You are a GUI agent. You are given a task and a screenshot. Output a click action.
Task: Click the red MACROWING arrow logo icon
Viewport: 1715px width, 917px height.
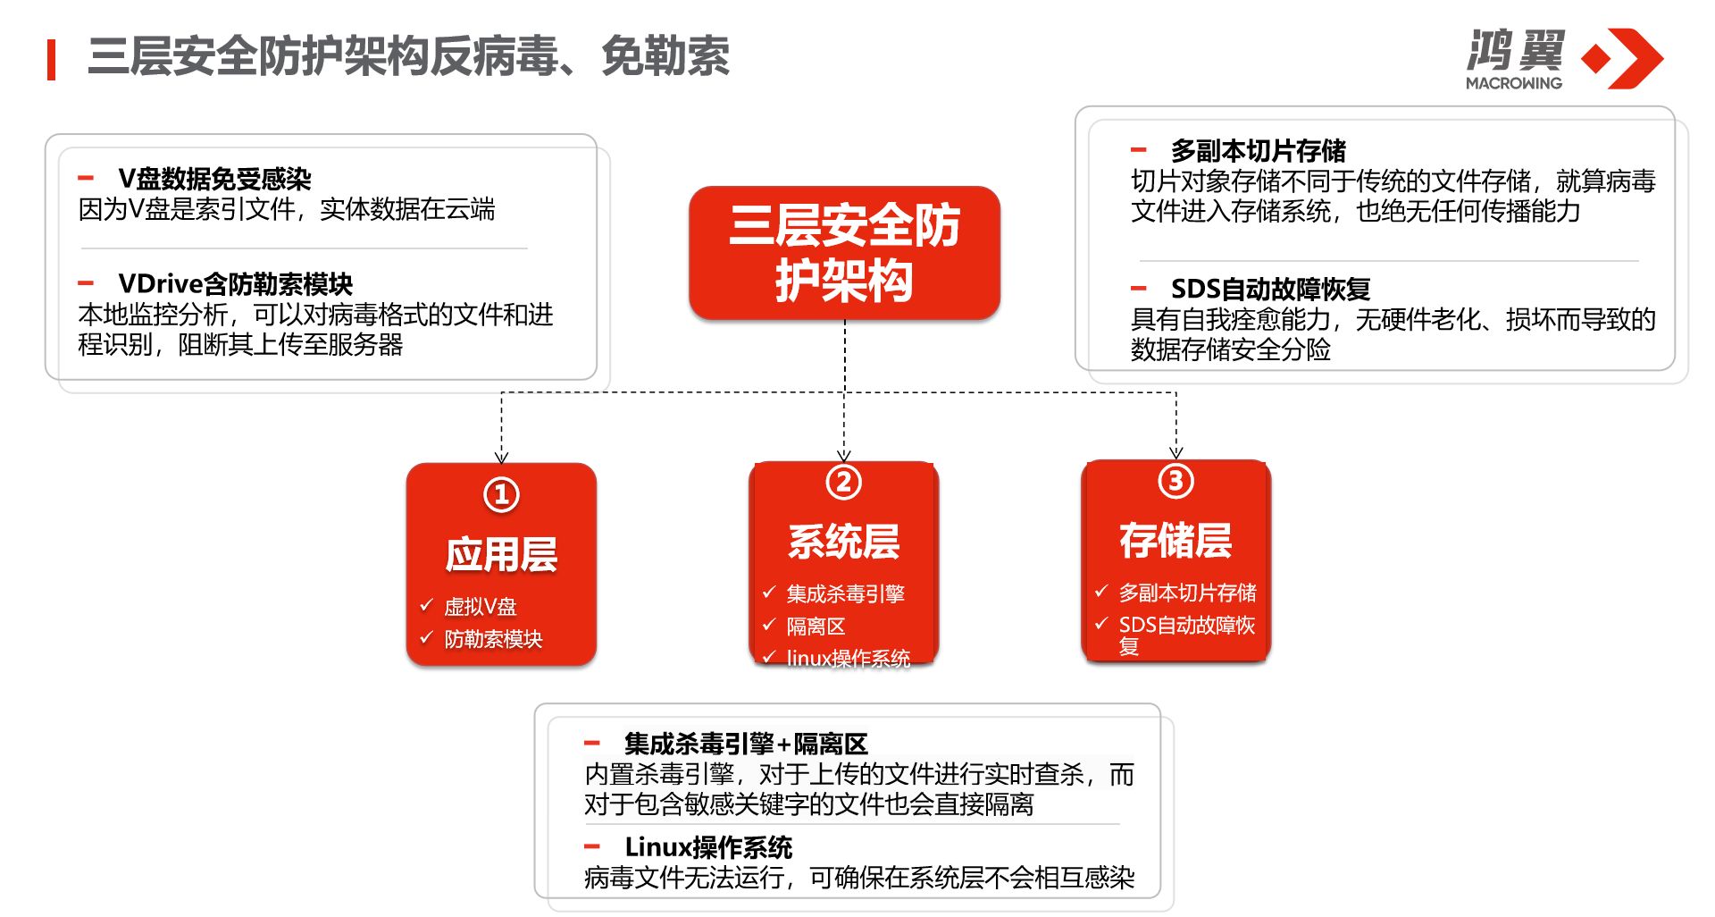(x=1622, y=58)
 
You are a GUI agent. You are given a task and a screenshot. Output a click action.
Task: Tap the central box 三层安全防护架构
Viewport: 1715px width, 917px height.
(x=844, y=253)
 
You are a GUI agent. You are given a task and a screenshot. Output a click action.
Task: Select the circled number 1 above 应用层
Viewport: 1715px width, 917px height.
(x=501, y=494)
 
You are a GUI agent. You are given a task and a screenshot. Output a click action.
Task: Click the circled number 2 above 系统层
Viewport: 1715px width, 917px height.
(x=843, y=483)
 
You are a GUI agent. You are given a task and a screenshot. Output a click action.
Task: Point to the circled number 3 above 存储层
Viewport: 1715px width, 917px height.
(x=1175, y=481)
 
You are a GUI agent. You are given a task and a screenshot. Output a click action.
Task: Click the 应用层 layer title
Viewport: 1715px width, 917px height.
(x=501, y=554)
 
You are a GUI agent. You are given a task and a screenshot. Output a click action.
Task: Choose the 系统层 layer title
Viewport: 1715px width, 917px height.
(x=843, y=541)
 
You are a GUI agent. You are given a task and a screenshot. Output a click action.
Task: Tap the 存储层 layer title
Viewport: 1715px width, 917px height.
(x=1175, y=540)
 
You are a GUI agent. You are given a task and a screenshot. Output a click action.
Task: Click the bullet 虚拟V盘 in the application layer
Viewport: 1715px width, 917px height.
(x=481, y=607)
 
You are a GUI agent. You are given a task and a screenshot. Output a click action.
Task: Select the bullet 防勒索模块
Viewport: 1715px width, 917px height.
(x=493, y=639)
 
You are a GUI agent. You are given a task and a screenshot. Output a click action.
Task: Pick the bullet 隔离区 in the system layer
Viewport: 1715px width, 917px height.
(x=816, y=627)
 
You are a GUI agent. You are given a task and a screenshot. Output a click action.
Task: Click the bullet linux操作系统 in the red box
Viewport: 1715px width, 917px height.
(x=848, y=659)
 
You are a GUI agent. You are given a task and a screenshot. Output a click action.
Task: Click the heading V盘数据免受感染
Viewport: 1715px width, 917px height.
(x=214, y=179)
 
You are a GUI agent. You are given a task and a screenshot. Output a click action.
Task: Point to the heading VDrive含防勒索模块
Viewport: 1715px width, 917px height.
(x=236, y=284)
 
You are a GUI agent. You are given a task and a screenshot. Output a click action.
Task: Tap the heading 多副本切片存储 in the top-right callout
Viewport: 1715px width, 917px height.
(x=1258, y=150)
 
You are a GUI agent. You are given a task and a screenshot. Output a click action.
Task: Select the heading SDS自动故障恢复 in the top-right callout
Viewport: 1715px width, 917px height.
(x=1270, y=289)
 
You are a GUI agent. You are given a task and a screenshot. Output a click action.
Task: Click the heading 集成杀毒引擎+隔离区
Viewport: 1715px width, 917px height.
(x=746, y=744)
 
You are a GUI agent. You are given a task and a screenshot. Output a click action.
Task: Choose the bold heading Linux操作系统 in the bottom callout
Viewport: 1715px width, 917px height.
(x=708, y=846)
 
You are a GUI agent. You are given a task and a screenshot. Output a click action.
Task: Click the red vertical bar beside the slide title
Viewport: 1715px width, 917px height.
(x=52, y=60)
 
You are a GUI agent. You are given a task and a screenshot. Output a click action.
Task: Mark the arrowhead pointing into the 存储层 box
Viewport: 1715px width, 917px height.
(x=1175, y=453)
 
